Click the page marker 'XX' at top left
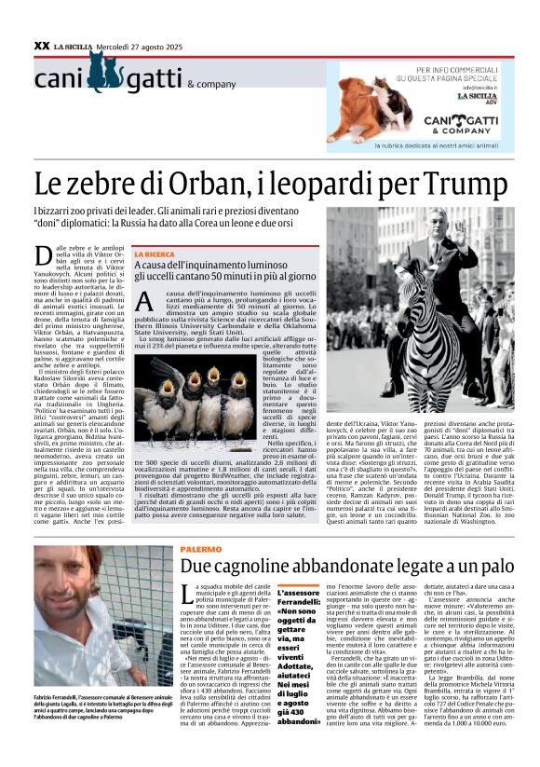pyautogui.click(x=41, y=45)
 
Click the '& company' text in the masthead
pyautogui.click(x=211, y=84)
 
